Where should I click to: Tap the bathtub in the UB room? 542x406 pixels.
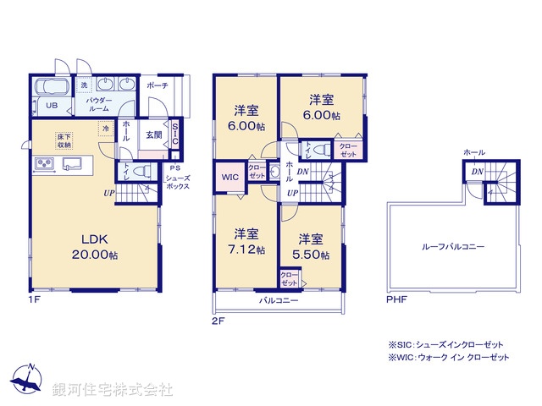tap(53, 87)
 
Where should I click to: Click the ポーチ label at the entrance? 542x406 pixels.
tap(157, 86)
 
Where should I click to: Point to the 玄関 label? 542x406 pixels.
tap(153, 133)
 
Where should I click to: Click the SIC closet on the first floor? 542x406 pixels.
tap(174, 135)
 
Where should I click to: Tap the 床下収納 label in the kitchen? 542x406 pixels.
tap(65, 140)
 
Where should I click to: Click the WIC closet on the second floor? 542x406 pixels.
tap(230, 177)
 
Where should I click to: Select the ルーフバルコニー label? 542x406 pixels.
tap(453, 247)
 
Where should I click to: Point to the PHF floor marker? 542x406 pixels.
tap(396, 299)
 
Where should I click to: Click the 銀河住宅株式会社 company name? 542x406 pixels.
tap(113, 390)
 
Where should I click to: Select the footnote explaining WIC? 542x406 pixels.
tap(448, 359)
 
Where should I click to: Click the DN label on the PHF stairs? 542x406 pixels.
tap(477, 172)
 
